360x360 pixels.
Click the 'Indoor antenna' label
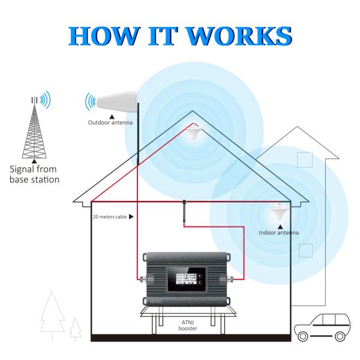[x=278, y=232]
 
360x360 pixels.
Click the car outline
[x=325, y=325]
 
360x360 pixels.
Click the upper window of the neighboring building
[x=305, y=160]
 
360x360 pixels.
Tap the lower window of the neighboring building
[x=305, y=250]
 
